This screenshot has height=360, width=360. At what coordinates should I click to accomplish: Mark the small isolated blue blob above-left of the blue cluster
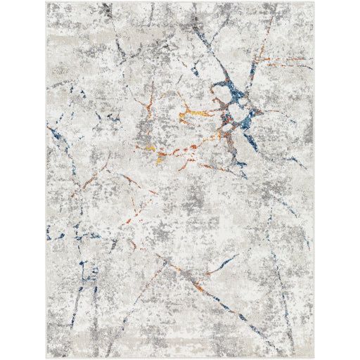(195, 70)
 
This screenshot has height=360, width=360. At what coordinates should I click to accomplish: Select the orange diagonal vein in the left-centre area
(90, 181)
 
